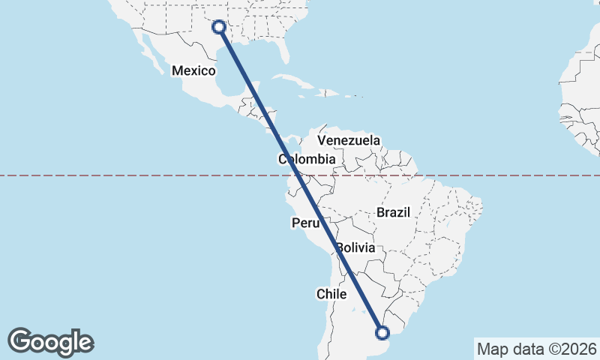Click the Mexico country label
coord(193,70)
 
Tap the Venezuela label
coord(349,140)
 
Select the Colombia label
coord(307,159)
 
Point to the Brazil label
coord(394,212)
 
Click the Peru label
coord(306,223)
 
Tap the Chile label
coord(331,294)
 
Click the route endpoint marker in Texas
coord(219,27)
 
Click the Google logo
coord(51,342)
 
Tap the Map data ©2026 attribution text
coord(536,349)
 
